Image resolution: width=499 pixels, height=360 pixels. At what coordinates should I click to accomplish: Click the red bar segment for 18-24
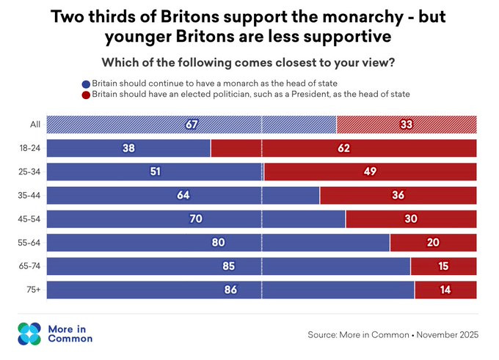[x=343, y=148]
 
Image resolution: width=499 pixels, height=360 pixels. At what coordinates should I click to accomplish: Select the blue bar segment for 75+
[x=230, y=290]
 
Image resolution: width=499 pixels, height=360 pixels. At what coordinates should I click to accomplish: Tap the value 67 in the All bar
[x=192, y=125]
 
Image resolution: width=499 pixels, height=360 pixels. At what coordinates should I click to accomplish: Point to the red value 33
[x=407, y=125]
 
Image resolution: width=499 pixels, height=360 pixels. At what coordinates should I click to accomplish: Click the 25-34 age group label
[x=29, y=172]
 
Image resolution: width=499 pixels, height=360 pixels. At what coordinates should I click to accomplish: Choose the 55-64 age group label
[x=29, y=243]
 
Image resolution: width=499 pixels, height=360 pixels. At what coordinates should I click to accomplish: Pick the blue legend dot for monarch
[x=86, y=84]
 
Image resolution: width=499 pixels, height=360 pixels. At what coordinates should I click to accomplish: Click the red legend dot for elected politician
[x=86, y=95]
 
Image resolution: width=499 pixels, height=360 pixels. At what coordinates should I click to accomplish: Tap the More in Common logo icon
[x=29, y=334]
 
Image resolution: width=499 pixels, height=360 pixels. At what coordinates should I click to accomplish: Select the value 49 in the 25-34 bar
[x=370, y=172]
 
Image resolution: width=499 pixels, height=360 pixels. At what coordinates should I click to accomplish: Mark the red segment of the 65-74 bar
[x=444, y=266]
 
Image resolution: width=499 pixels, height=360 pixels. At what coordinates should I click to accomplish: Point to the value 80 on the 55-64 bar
[x=219, y=243]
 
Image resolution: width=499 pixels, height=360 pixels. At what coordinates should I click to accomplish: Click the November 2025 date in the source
[x=448, y=335]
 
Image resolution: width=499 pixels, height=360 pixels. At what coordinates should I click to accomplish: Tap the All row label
[x=35, y=125]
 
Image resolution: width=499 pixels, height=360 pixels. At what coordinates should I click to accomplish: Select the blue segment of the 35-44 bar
[x=183, y=195]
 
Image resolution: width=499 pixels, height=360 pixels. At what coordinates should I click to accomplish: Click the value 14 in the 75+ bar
[x=445, y=290]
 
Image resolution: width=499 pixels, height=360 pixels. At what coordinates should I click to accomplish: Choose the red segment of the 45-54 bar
[x=411, y=218]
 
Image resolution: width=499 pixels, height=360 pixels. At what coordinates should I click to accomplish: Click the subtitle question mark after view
[x=391, y=62]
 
